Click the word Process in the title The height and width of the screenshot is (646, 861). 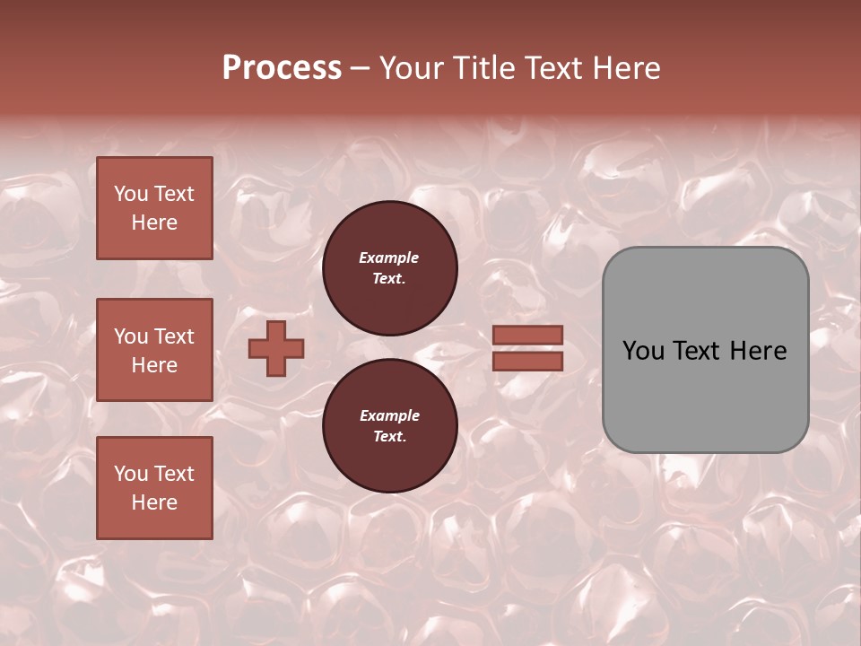point(282,68)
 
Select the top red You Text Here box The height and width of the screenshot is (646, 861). point(154,208)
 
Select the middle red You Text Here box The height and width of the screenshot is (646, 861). point(154,350)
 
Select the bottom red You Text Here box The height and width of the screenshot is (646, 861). point(154,488)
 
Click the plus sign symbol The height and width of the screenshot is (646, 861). point(276,348)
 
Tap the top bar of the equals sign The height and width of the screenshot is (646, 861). point(528,335)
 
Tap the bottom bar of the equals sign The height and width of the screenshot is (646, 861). point(528,361)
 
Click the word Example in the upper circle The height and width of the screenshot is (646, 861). point(389,258)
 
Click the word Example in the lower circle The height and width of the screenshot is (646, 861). point(389,415)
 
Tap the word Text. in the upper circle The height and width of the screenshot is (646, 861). point(389,278)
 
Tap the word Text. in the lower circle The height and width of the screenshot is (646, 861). point(389,436)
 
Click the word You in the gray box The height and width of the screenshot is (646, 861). point(644,351)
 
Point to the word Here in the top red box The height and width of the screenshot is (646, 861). point(154,223)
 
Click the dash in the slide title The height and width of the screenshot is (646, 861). point(360,69)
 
